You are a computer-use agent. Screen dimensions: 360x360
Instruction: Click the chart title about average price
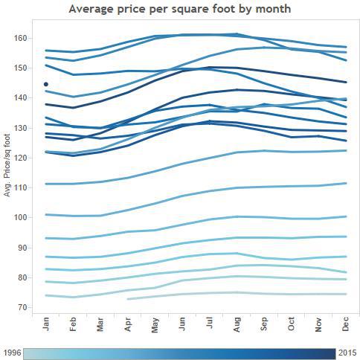(179, 9)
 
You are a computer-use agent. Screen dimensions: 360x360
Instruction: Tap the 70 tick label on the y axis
(22, 307)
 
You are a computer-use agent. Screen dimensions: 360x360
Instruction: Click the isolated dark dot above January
(46, 85)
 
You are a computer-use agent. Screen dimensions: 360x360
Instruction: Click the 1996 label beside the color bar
(12, 353)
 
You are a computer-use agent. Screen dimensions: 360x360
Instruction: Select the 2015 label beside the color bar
(348, 353)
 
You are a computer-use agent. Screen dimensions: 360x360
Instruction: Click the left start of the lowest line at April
(129, 299)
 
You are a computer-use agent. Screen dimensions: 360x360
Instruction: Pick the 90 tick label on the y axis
(22, 248)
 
